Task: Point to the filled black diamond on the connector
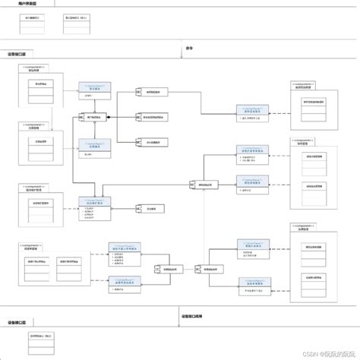coord(109,117)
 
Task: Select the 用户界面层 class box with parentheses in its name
coord(81,18)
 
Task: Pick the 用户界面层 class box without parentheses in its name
coord(33,18)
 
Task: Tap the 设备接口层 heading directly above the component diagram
coord(17,55)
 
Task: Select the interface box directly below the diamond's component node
coord(94,147)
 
